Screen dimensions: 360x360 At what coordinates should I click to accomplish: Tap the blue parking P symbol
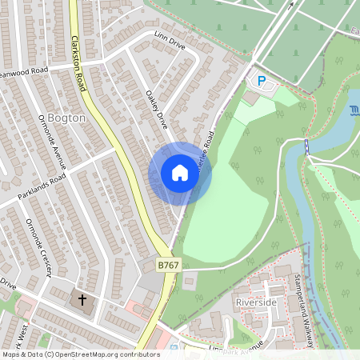click(260, 81)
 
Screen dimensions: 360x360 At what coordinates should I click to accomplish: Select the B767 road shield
click(167, 265)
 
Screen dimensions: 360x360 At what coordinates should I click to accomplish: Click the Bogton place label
click(67, 118)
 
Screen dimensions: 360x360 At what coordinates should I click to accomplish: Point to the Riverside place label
click(256, 302)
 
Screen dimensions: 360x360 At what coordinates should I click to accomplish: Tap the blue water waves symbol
click(354, 110)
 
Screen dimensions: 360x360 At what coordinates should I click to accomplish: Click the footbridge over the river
click(306, 146)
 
